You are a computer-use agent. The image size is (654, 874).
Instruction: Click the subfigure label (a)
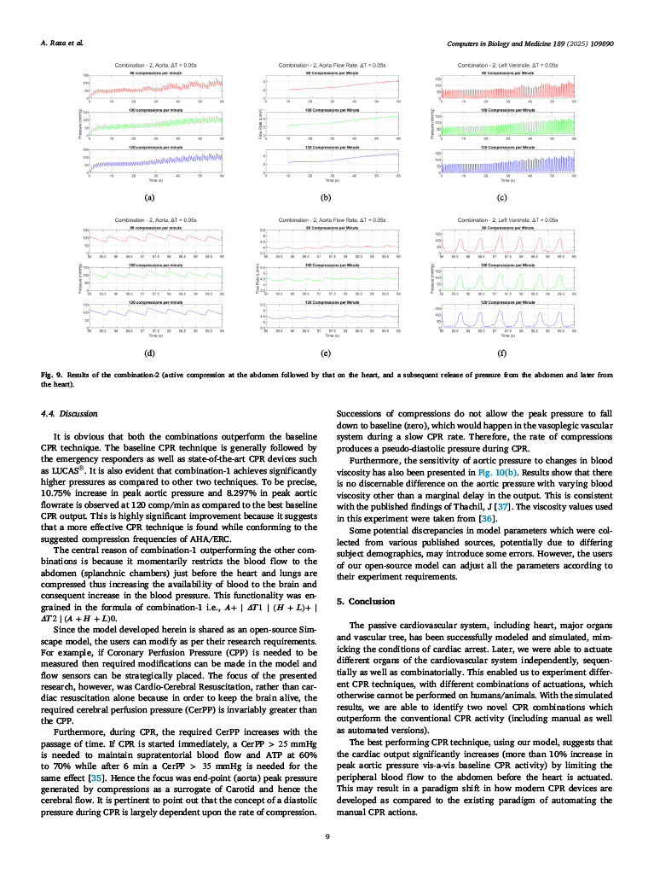click(150, 197)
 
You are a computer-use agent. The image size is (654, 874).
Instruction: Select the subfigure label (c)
click(502, 197)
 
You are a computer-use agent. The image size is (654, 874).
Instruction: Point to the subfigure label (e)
click(327, 352)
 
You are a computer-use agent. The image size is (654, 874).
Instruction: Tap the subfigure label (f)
click(502, 352)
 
